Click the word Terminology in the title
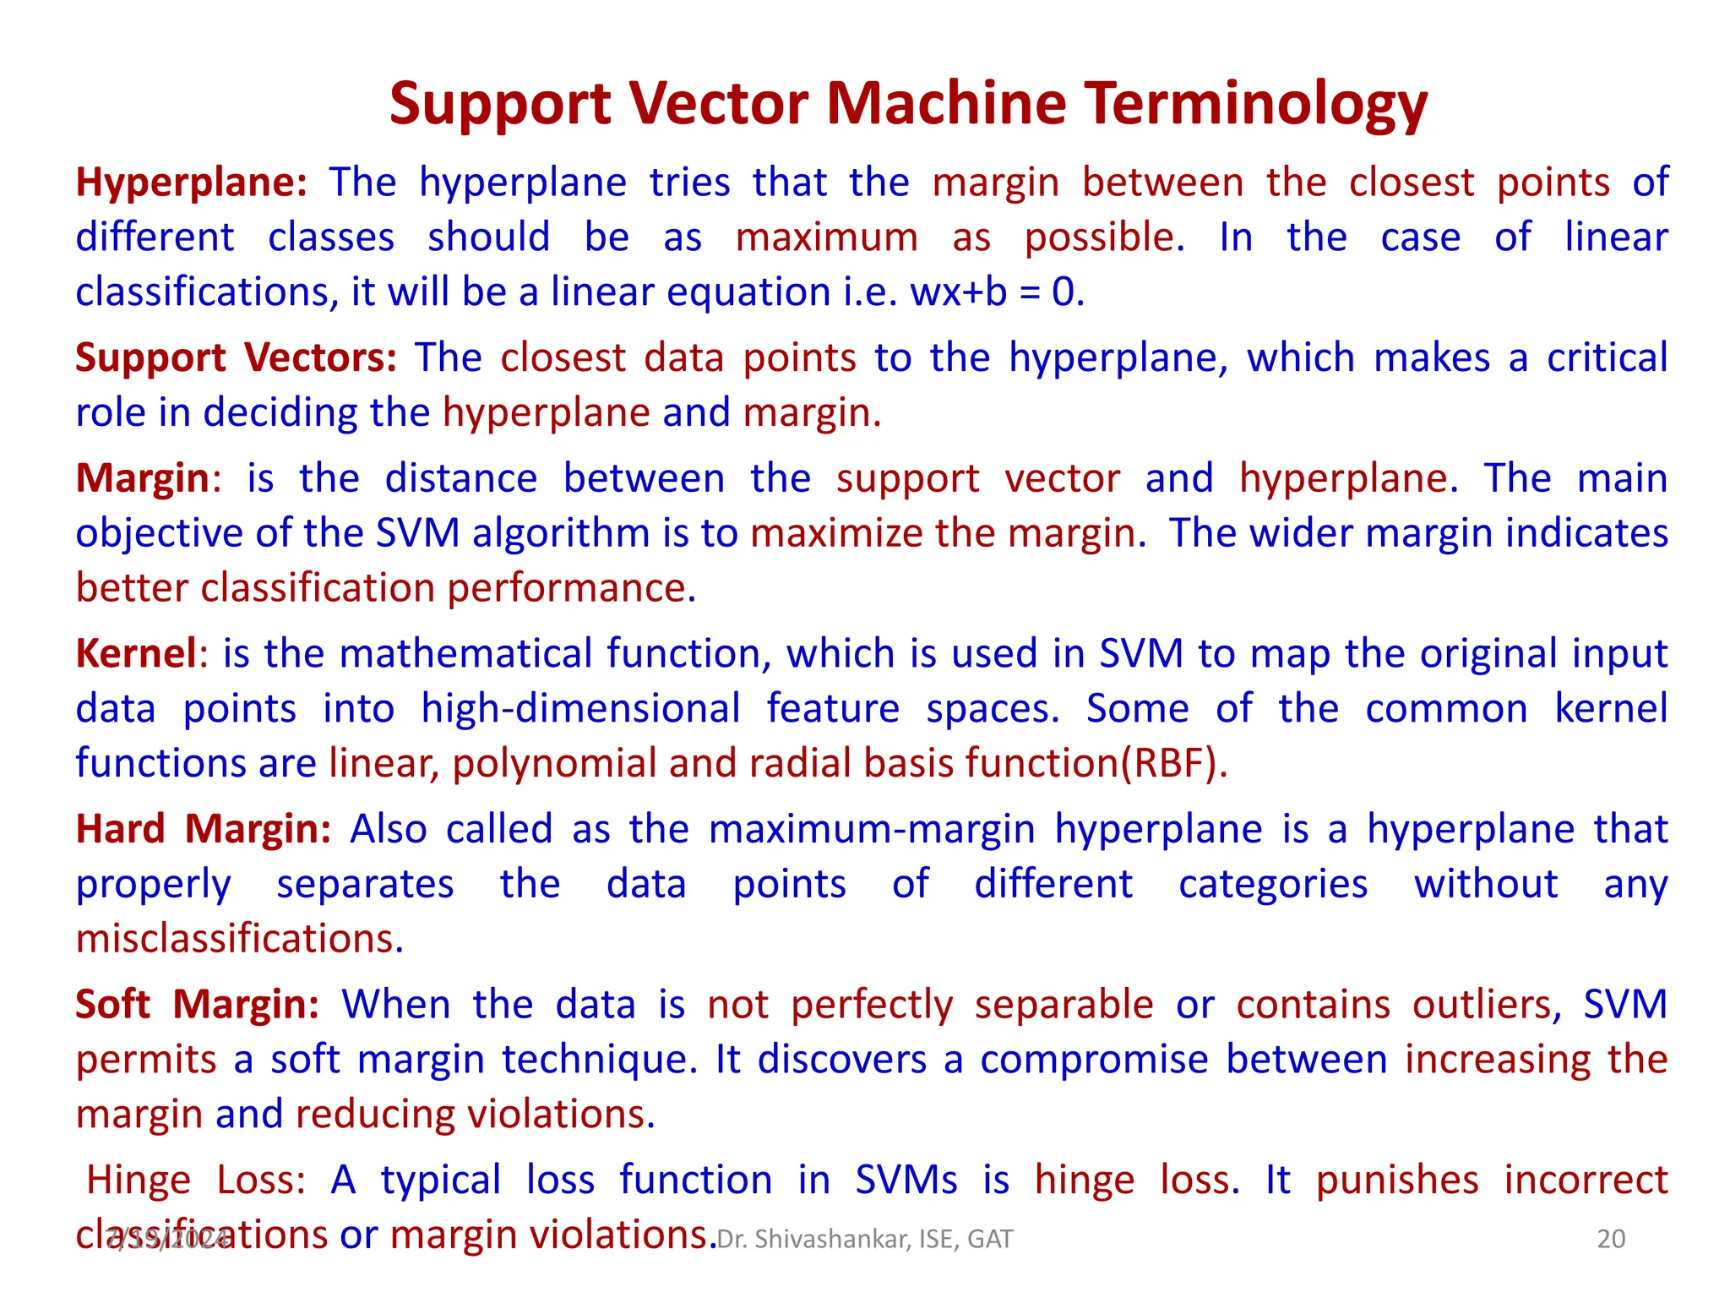[x=1256, y=105]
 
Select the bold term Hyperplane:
[x=192, y=183]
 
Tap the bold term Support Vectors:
[x=236, y=357]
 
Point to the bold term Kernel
[x=136, y=653]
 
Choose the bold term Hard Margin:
[x=204, y=829]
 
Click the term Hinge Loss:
[x=196, y=1180]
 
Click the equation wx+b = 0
[x=996, y=292]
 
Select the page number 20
[x=1611, y=1239]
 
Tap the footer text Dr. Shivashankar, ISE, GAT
[x=864, y=1239]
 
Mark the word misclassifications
[x=240, y=939]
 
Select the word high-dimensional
[x=580, y=708]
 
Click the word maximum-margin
[x=871, y=829]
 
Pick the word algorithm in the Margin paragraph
[x=560, y=533]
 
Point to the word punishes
[x=1397, y=1180]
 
